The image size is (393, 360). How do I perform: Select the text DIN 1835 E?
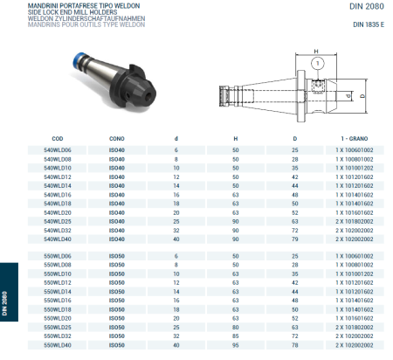(x=369, y=24)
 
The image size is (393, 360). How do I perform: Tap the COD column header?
(x=58, y=139)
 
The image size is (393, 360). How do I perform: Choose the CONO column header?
(x=116, y=139)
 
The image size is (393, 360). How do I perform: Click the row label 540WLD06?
(x=58, y=149)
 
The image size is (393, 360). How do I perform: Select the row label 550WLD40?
(x=58, y=344)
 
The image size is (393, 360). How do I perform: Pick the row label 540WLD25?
(x=58, y=221)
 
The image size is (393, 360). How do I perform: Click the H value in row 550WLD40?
(x=235, y=344)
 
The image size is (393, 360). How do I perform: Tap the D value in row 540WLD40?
(x=294, y=239)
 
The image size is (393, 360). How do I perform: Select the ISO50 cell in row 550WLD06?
(x=116, y=255)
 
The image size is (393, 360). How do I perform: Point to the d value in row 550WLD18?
(x=176, y=309)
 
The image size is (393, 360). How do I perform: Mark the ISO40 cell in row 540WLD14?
(x=116, y=185)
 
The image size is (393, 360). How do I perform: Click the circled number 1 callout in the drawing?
(x=321, y=63)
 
